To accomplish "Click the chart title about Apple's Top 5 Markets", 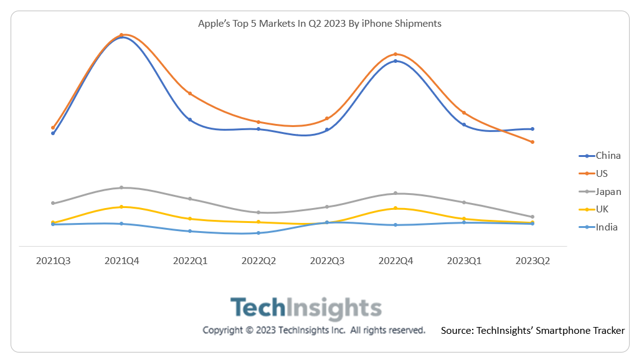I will point(319,24).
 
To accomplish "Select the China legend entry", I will point(607,156).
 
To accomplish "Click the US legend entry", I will point(602,174).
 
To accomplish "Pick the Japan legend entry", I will point(608,191).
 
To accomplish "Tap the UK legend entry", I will point(602,209).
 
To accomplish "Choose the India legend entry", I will point(607,227).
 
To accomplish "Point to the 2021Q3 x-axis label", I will point(53,261).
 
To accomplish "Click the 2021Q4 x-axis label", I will point(121,261).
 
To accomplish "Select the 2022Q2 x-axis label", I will point(258,261).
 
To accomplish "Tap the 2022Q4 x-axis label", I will point(395,261).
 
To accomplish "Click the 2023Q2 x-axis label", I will point(532,261).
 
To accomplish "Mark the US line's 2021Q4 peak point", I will point(121,35).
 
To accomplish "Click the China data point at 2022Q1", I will point(190,120).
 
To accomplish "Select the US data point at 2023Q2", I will point(532,142).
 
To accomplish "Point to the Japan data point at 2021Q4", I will point(121,187).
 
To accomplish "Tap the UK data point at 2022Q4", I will point(395,208).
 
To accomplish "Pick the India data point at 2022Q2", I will point(258,233).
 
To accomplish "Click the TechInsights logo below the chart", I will point(306,308).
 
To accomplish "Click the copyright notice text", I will point(314,330).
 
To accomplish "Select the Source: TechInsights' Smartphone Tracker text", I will point(532,331).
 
